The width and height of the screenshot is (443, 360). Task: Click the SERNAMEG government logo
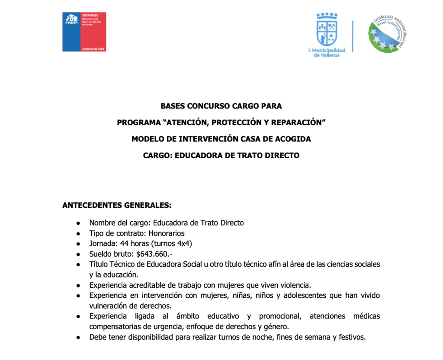pyautogui.click(x=84, y=32)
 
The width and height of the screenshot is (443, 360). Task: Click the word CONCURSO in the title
pyautogui.click(x=205, y=105)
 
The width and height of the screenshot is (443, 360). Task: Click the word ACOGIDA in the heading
pyautogui.click(x=295, y=139)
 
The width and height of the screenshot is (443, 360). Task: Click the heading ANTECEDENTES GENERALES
pyautogui.click(x=117, y=204)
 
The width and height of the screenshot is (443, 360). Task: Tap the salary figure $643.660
pyautogui.click(x=154, y=254)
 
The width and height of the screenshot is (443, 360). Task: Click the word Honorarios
pyautogui.click(x=167, y=233)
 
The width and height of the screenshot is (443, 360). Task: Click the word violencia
pyautogui.click(x=295, y=285)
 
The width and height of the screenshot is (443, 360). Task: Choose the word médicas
pyautogui.click(x=366, y=316)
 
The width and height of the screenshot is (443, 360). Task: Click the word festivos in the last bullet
pyautogui.click(x=351, y=337)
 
